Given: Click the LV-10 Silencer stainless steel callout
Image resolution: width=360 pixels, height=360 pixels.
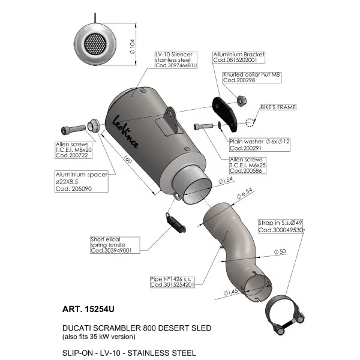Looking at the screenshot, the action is point(176,60).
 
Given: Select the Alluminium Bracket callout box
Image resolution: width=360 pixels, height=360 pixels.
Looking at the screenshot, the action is point(239,58).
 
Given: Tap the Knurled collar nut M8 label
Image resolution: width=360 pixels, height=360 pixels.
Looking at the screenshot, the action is point(252,77).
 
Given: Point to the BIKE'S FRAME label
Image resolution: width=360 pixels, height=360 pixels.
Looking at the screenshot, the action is point(278,107).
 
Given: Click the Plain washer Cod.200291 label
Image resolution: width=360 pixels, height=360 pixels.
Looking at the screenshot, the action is point(260,145).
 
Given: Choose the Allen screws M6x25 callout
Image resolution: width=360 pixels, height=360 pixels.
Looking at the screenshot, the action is point(248,166).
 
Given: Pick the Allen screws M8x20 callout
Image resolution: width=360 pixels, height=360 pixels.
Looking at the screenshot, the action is point(73,150).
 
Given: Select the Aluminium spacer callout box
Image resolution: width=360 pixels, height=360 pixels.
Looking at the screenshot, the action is point(82,181).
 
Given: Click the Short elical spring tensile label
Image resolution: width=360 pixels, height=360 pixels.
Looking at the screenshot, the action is point(115,245).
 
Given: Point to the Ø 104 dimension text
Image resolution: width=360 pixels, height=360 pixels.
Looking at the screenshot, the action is point(133,47).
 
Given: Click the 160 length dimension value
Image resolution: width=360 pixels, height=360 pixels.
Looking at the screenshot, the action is point(128,160).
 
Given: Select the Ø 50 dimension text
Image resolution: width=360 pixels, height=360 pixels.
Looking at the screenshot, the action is point(280,251).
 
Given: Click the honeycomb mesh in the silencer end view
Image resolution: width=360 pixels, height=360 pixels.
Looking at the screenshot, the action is point(95,44).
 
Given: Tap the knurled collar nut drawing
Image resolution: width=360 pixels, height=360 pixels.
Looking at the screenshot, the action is point(241,101).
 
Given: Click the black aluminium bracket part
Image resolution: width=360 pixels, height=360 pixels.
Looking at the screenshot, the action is point(225,114).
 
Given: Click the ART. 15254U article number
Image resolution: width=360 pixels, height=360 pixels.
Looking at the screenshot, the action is point(88,309).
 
